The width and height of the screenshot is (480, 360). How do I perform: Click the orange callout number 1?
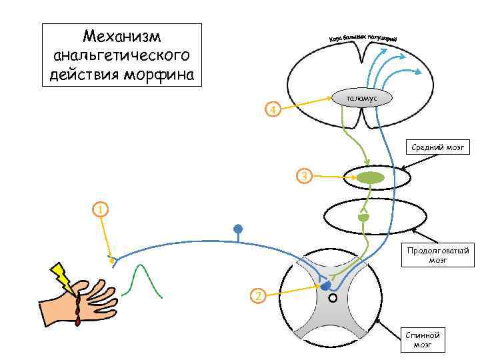(99, 210)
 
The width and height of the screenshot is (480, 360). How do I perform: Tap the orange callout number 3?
(304, 177)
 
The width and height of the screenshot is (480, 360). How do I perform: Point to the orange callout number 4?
(271, 109)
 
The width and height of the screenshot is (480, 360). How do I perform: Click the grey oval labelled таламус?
(362, 97)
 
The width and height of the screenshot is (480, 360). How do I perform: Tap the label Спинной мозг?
(422, 339)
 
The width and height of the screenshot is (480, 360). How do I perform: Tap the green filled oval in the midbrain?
(370, 178)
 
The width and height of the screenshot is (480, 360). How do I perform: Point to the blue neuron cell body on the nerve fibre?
(238, 230)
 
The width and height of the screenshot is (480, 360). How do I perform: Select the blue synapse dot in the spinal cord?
(325, 285)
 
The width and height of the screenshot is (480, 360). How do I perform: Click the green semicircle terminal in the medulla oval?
(363, 217)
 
